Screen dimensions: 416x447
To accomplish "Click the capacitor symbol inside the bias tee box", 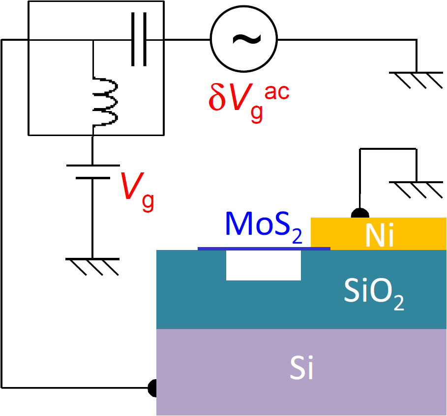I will click(138, 40).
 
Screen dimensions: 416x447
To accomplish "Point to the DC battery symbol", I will click(92, 172).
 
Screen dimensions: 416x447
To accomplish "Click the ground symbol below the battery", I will click(92, 265).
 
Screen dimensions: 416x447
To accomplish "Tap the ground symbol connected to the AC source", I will click(416, 79).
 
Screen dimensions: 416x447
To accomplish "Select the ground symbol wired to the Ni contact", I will click(416, 189).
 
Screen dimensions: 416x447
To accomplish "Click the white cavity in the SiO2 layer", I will click(263, 266).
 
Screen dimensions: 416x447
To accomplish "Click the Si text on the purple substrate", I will click(301, 369).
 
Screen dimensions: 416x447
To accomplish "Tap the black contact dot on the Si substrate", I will click(153, 388).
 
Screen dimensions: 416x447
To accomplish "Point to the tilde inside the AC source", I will click(243, 39).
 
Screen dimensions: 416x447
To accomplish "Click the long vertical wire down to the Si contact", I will click(2, 221).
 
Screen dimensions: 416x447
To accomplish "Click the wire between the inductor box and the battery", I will click(92, 150).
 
